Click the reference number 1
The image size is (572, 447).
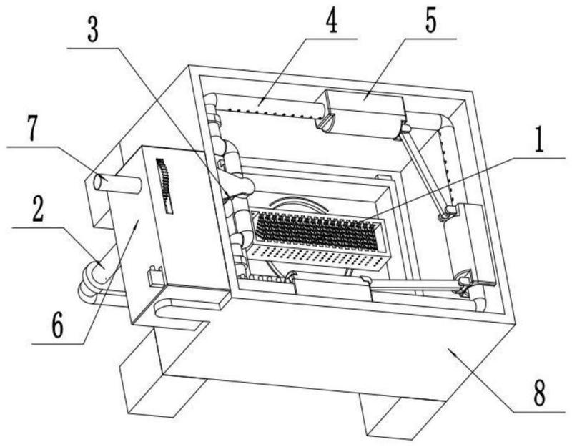point(538,141)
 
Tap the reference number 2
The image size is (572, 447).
point(38,210)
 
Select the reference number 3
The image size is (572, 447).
point(93,30)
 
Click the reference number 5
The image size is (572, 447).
point(430,21)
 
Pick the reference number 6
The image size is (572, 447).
point(57,325)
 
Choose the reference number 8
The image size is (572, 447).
point(539,393)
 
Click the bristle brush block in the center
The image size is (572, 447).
point(318,231)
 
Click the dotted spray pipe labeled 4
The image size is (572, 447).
point(270,109)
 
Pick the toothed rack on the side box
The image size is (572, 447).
point(165,185)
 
